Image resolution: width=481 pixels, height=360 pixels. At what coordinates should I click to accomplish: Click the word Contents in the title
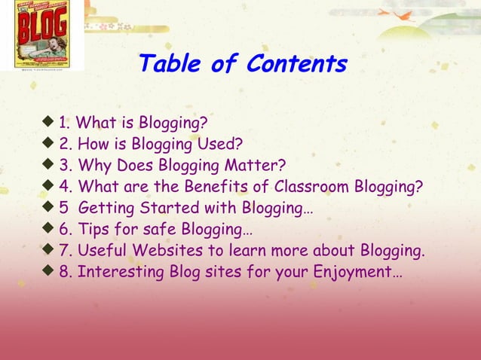point(296,64)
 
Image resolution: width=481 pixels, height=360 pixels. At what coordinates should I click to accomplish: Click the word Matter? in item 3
point(256,164)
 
